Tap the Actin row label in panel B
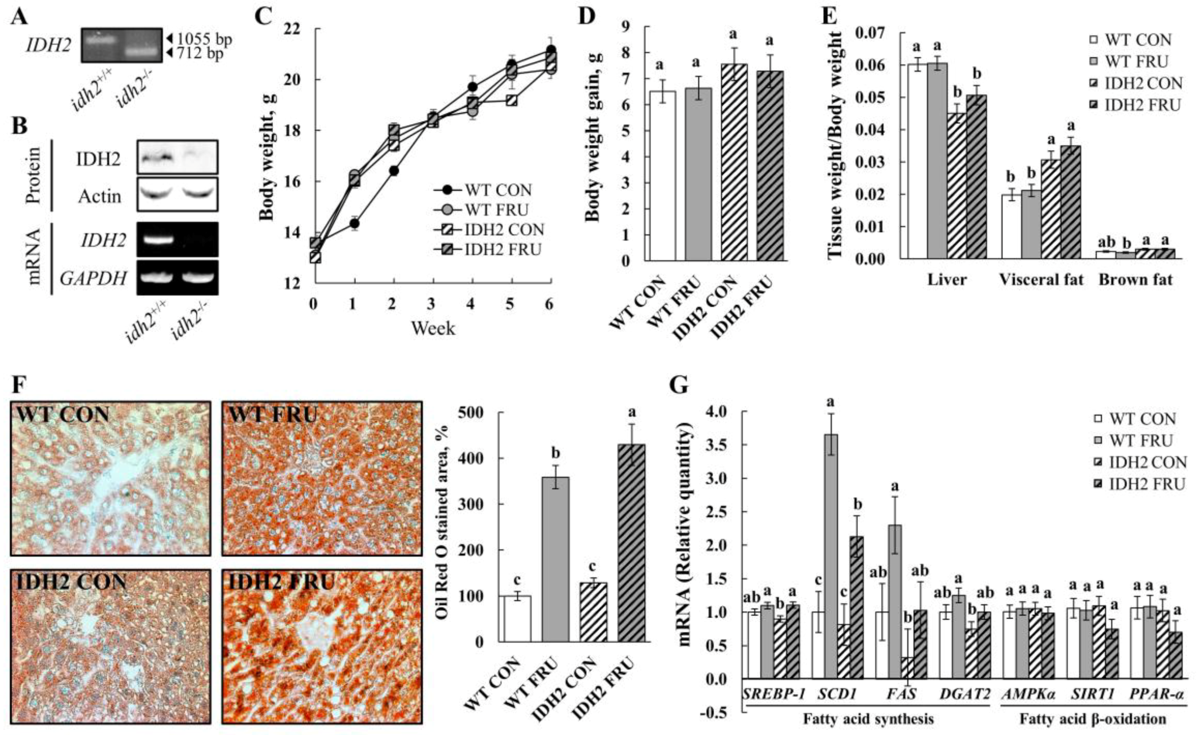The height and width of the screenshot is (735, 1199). (99, 196)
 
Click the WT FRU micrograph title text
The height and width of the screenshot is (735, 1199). (272, 415)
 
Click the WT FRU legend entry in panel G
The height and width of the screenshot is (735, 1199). (1141, 441)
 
